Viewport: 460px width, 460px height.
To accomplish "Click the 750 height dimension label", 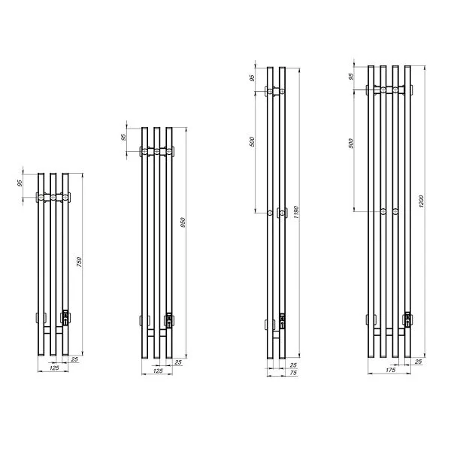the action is [79, 262].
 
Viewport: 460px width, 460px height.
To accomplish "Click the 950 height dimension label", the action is [183, 222].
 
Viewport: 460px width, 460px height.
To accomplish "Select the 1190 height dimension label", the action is [296, 213].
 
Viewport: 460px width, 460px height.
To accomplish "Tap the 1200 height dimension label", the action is [421, 201].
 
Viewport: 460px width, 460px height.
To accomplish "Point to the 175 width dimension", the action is [390, 370].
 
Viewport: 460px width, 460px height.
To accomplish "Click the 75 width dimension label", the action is [293, 373].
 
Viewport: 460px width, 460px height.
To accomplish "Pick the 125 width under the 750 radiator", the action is [54, 368].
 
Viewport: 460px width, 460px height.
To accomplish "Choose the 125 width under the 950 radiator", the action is [158, 371].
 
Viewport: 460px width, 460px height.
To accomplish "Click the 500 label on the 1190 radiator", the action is [252, 142].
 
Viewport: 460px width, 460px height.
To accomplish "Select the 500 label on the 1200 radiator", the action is [352, 143].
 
